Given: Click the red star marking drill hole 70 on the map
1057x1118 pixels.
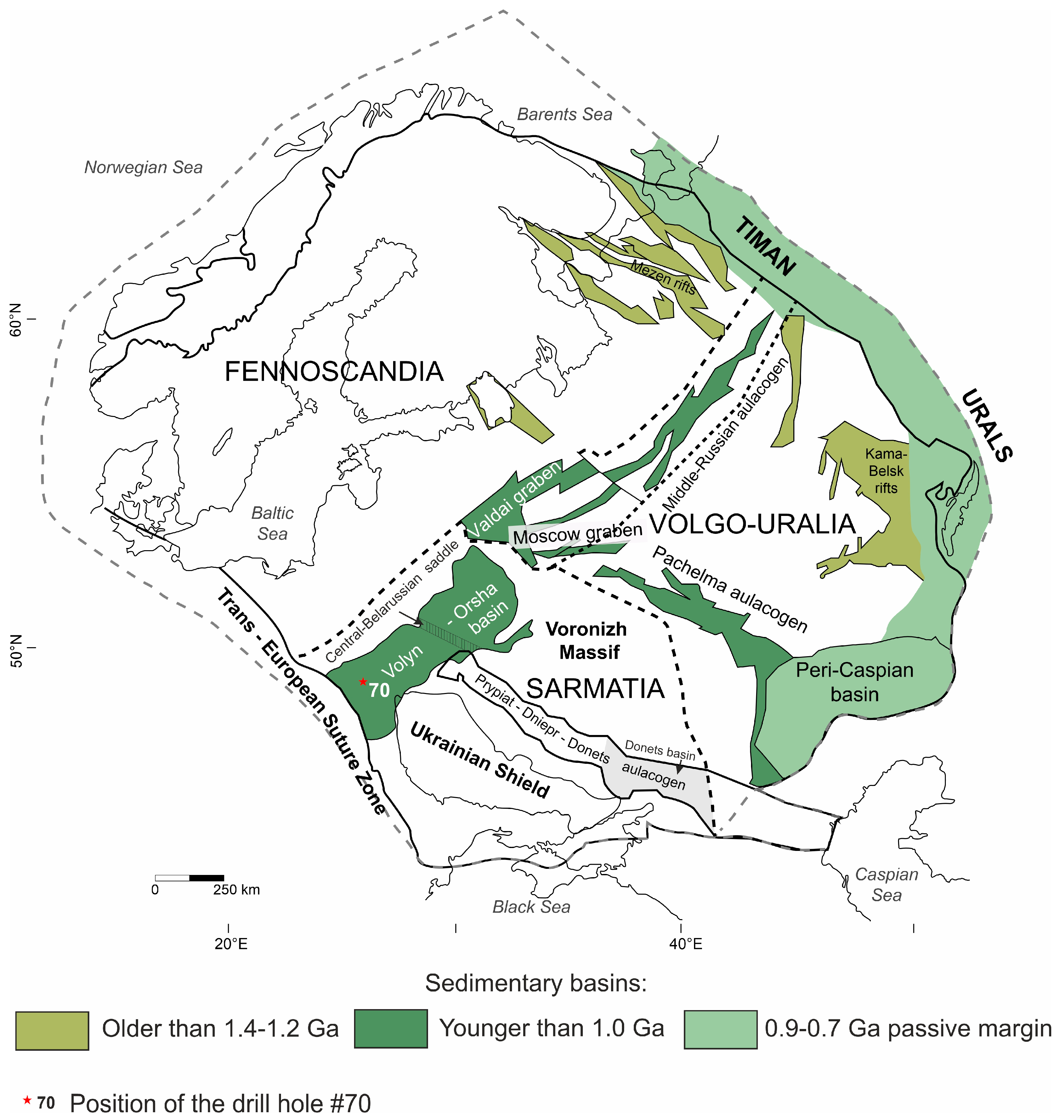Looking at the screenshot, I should click(x=363, y=681).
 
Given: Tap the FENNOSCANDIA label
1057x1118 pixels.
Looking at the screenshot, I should click(x=334, y=372).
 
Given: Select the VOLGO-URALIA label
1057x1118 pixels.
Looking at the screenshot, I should click(x=753, y=524).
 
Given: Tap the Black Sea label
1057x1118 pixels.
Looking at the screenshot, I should click(x=531, y=907).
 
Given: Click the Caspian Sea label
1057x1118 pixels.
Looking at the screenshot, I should click(x=886, y=884).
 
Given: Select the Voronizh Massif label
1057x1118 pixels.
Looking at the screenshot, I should click(x=587, y=641).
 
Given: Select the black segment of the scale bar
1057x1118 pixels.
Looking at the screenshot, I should click(x=207, y=877).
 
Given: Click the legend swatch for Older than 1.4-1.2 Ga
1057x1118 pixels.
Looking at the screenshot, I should click(x=52, y=1030).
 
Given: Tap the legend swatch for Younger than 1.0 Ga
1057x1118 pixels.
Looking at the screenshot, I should click(x=391, y=1028).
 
